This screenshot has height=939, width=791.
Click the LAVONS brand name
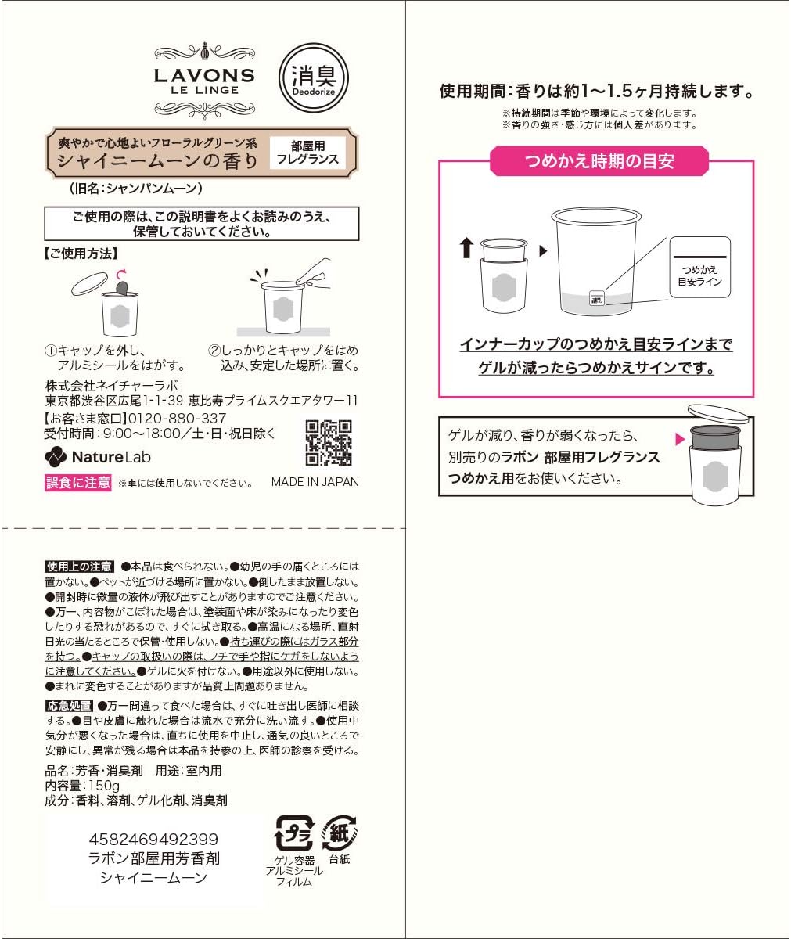click(x=204, y=76)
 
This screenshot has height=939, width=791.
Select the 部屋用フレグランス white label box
click(x=307, y=153)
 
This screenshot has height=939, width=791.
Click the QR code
click(x=328, y=443)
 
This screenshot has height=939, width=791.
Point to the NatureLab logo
click(x=98, y=457)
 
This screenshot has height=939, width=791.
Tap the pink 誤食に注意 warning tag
click(x=78, y=482)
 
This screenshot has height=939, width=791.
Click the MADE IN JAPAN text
click(x=315, y=482)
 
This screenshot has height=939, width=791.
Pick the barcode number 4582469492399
click(x=154, y=840)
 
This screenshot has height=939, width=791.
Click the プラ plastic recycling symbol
click(x=294, y=833)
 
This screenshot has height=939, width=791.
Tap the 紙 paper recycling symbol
click(x=340, y=833)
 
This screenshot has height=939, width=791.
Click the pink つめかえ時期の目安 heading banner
click(x=599, y=162)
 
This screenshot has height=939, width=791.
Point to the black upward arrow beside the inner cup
click(x=466, y=248)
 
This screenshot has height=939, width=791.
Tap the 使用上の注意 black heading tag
click(x=79, y=567)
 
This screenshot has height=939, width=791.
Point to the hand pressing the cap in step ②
click(x=314, y=271)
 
